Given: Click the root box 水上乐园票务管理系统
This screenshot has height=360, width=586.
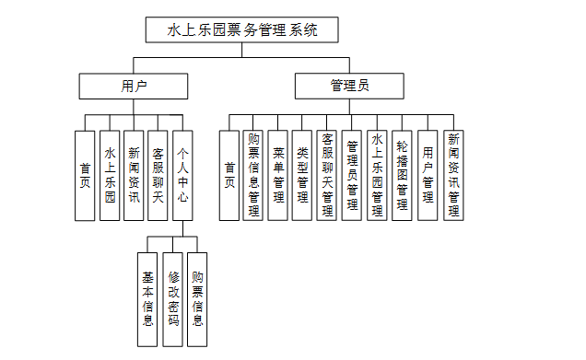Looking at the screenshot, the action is [241, 29].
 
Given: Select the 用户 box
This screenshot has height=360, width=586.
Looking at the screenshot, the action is [134, 86].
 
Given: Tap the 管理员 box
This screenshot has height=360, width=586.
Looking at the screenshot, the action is [349, 86].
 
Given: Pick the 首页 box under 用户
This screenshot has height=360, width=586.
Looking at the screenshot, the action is [85, 176].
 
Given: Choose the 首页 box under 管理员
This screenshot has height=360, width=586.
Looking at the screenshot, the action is [229, 176].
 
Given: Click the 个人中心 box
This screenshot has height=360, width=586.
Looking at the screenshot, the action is [182, 176].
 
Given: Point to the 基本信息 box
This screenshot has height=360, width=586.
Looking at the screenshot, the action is [147, 299].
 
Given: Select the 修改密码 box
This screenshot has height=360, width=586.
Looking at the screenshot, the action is [172, 299].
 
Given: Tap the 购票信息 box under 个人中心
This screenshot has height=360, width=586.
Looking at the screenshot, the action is [197, 299].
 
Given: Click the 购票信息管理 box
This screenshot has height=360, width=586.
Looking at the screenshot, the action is [253, 176].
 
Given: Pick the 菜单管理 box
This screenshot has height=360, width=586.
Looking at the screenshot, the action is [277, 176].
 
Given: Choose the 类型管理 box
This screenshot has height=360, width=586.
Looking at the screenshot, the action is [302, 176].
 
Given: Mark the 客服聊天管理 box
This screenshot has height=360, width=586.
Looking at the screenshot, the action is [327, 176].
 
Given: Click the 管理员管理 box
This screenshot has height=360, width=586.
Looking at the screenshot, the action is [352, 176].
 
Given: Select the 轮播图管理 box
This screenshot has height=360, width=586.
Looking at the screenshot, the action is [402, 176].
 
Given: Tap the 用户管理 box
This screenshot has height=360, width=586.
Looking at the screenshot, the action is [428, 176].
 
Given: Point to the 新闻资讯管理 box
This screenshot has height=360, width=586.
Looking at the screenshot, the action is [453, 176].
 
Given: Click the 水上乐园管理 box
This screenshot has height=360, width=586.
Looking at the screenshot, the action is [377, 176].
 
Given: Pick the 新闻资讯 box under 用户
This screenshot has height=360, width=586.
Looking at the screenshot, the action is [134, 176].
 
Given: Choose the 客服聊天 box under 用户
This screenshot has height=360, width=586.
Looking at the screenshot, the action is [158, 176].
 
